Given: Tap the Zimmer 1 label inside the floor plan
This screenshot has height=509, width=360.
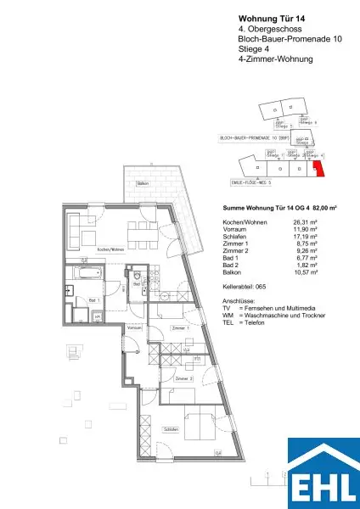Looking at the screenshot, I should (177, 327).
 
